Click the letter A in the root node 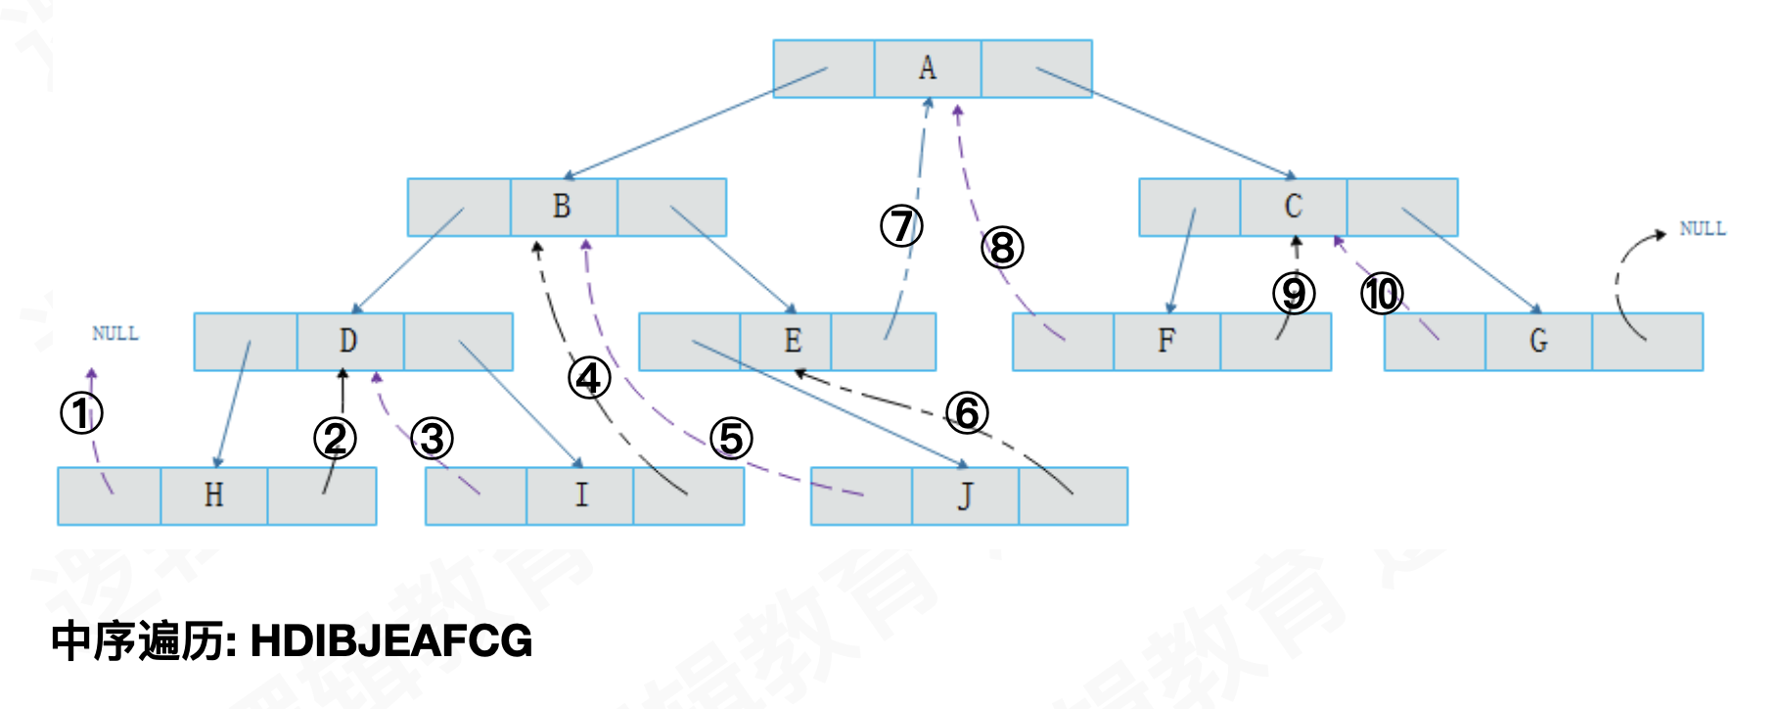[927, 68]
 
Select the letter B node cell [562, 207]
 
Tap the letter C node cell [1293, 207]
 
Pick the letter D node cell [348, 341]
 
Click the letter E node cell [792, 341]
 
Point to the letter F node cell [1165, 341]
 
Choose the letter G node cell [1538, 341]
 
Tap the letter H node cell [213, 496]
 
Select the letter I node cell [581, 496]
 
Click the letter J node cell [965, 496]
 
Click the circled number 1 [81, 413]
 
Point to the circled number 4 [589, 378]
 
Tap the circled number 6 [967, 413]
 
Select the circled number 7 [901, 226]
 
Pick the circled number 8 [1002, 248]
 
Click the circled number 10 [1382, 294]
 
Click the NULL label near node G [1703, 229]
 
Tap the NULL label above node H [115, 334]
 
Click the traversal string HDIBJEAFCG [391, 641]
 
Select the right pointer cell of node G [1648, 341]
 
